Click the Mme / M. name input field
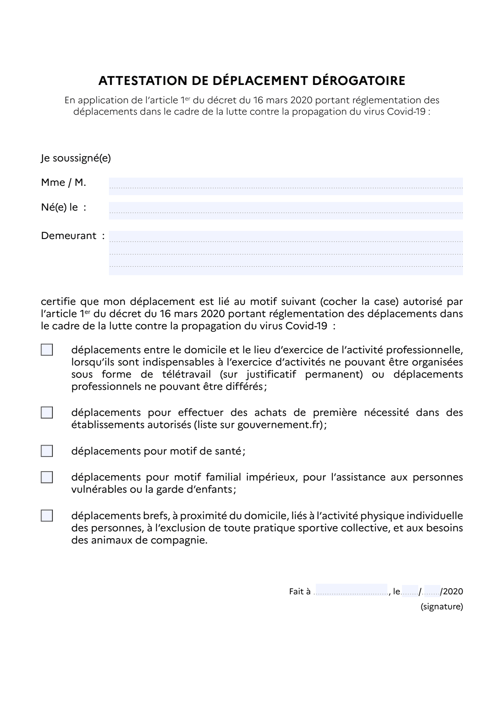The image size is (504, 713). [x=286, y=186]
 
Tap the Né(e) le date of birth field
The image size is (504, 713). [x=286, y=211]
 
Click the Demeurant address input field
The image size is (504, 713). [x=286, y=253]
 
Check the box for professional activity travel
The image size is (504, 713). [x=47, y=350]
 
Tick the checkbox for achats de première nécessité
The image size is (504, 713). [x=47, y=413]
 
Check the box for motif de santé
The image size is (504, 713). [x=47, y=451]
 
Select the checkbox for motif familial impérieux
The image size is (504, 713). [x=47, y=477]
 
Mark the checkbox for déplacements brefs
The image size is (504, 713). [x=47, y=516]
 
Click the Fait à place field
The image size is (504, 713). [x=351, y=591]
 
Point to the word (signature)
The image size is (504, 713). [x=441, y=607]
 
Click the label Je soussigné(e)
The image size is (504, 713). [x=76, y=158]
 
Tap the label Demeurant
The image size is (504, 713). [x=69, y=236]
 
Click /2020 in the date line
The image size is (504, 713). [x=452, y=591]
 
